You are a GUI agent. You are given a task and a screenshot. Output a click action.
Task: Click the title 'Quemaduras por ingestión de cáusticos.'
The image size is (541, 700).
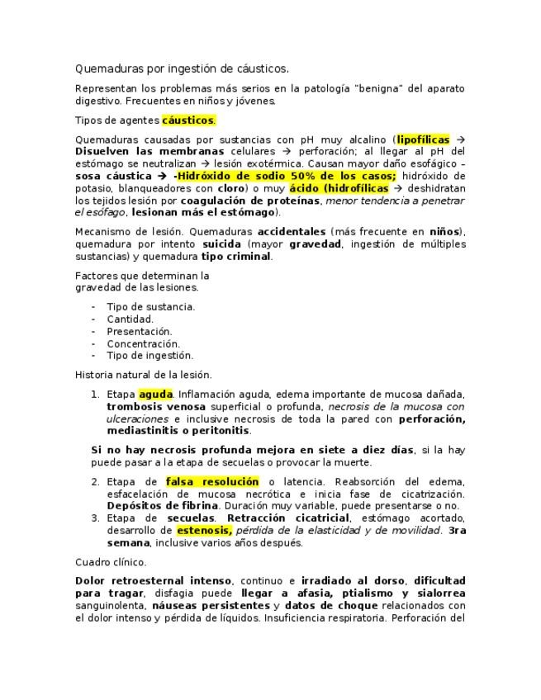[182, 69]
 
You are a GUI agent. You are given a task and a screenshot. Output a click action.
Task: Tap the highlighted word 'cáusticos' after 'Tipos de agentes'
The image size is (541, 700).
[188, 121]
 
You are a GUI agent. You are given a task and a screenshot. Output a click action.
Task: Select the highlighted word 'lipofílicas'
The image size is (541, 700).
[423, 140]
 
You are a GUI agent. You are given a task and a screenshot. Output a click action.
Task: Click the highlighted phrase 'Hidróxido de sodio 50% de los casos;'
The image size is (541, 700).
[287, 177]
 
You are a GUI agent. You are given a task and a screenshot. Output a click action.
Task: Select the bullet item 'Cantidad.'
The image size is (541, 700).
[130, 319]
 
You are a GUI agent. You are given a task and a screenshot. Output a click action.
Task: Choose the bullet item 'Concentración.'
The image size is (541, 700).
[143, 343]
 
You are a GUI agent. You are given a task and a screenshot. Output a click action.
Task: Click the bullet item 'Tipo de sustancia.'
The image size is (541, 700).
[150, 306]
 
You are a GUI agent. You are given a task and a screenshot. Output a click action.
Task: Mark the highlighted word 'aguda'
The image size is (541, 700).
[155, 395]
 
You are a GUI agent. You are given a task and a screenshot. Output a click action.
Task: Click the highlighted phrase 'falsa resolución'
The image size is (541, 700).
[212, 482]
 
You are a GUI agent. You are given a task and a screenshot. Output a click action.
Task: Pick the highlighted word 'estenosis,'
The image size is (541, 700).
[204, 531]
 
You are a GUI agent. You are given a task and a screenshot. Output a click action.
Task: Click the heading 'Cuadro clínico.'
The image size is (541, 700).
[111, 562]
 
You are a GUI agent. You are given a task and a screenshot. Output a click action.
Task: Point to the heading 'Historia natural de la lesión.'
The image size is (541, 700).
[143, 374]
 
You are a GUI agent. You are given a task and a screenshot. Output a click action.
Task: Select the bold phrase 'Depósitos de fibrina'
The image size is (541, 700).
[162, 505]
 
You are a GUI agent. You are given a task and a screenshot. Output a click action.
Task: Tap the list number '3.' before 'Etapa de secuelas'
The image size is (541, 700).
[95, 518]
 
